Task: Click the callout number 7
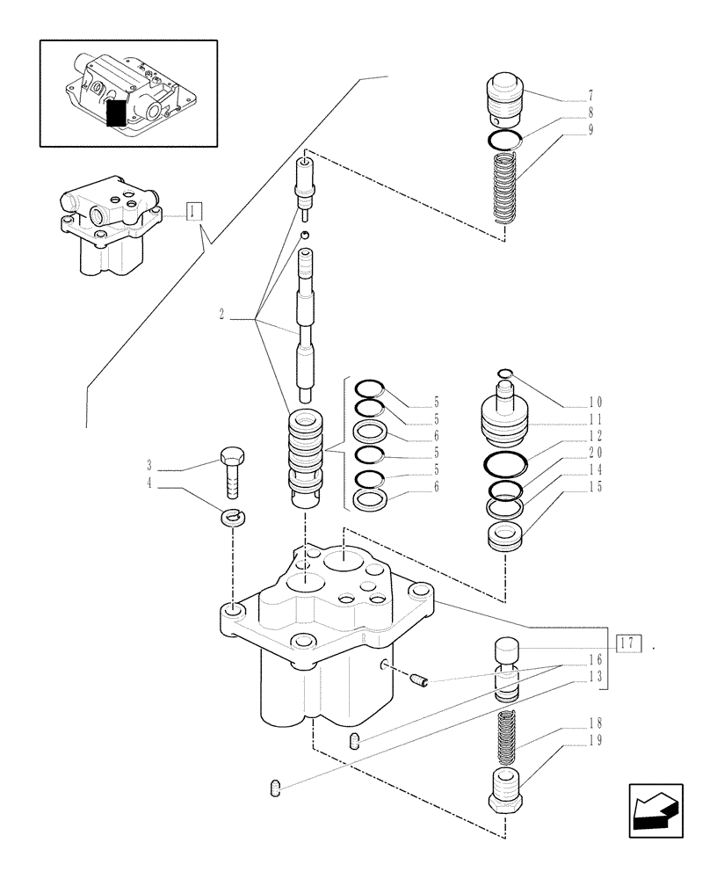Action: [590, 95]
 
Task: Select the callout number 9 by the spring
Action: [590, 129]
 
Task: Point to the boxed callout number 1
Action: [194, 210]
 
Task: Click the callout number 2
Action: [222, 312]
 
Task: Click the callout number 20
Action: [596, 453]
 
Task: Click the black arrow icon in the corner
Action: [656, 807]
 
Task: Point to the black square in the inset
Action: [115, 113]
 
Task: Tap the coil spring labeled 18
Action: [504, 737]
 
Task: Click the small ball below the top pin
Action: [303, 235]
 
